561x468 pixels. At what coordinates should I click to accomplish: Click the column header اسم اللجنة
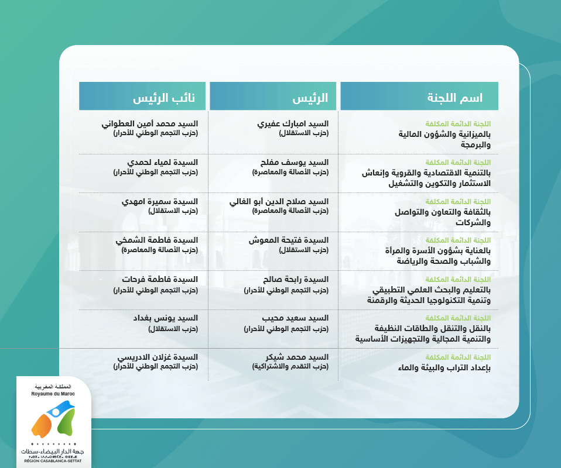[455, 98]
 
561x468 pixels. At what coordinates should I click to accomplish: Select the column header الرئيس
[310, 98]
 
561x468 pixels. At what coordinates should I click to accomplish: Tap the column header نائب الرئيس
[164, 98]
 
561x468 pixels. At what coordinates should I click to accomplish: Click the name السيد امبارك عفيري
[293, 123]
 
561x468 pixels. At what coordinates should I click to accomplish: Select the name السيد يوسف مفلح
[295, 163]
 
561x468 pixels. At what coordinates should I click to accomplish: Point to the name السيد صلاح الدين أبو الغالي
[279, 202]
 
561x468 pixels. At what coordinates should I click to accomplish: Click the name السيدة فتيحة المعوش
[288, 240]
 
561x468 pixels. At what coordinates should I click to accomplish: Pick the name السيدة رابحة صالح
[296, 279]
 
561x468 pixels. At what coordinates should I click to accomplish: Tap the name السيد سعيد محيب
[295, 318]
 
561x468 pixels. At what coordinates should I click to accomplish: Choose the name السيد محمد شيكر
[297, 357]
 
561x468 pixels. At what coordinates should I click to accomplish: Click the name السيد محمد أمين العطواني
[149, 123]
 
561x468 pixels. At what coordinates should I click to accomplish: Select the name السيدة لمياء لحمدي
[162, 163]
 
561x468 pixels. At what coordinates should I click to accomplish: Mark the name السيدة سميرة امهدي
[159, 202]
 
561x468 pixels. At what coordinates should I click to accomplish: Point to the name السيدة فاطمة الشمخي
[157, 240]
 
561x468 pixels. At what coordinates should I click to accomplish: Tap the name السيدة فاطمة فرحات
[160, 279]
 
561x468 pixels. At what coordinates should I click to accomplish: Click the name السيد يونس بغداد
[166, 318]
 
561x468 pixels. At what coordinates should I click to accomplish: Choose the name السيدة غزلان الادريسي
[158, 357]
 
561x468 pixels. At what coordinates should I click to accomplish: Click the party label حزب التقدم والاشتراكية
[290, 366]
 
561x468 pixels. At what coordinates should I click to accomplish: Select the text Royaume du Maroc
[53, 394]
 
